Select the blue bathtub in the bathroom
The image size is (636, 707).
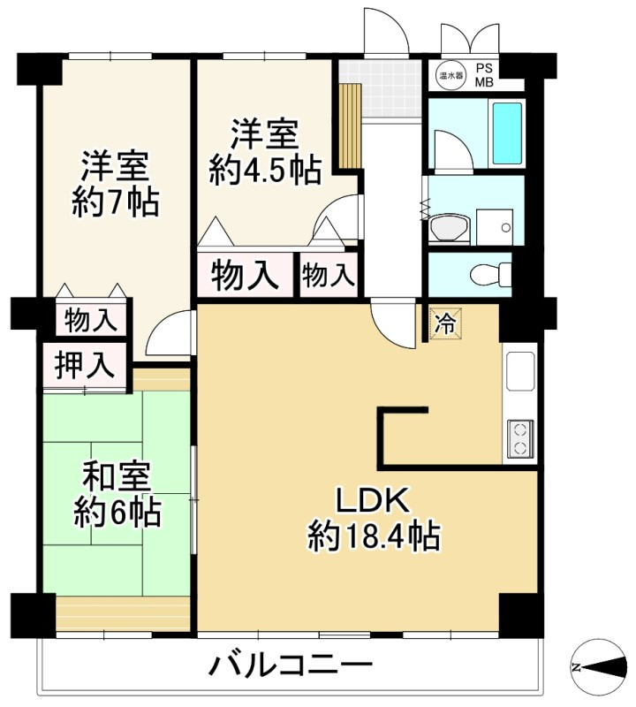pyautogui.click(x=507, y=132)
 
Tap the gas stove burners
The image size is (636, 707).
pyautogui.click(x=519, y=439)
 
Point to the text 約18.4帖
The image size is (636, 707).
pyautogui.click(x=375, y=536)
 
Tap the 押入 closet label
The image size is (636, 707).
pyautogui.click(x=85, y=364)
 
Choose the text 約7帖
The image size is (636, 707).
pyautogui.click(x=115, y=202)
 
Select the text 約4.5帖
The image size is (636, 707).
pyautogui.click(x=264, y=170)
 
